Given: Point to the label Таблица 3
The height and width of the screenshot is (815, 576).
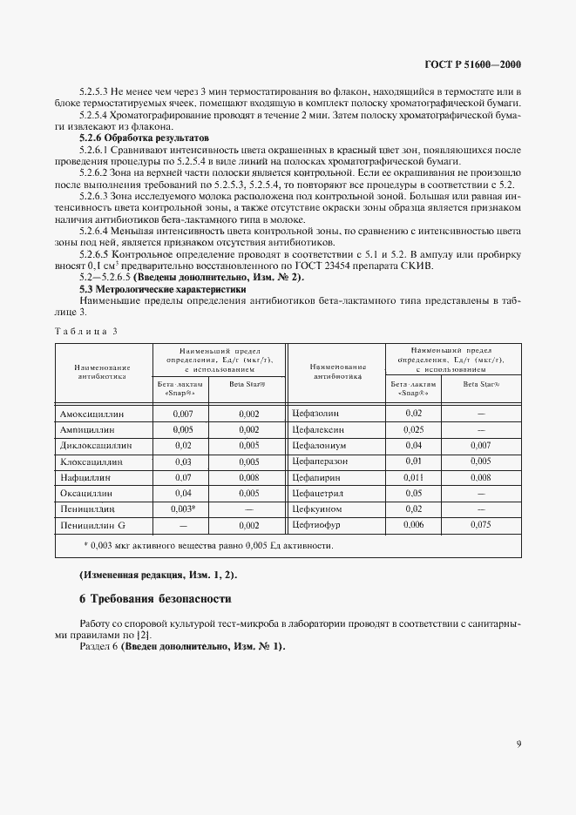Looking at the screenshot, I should [x=85, y=330].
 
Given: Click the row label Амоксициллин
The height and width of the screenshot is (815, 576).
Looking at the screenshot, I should [x=91, y=414].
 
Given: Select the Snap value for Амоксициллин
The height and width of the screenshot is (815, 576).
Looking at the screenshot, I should [x=183, y=414].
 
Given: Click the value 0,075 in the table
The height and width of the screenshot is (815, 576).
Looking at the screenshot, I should [x=480, y=525].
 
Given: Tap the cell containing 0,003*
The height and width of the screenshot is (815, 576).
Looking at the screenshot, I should [x=183, y=507].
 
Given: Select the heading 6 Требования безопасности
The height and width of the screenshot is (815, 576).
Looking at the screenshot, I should [x=156, y=599].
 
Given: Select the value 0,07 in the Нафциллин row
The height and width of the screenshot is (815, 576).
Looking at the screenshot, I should [x=183, y=477].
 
